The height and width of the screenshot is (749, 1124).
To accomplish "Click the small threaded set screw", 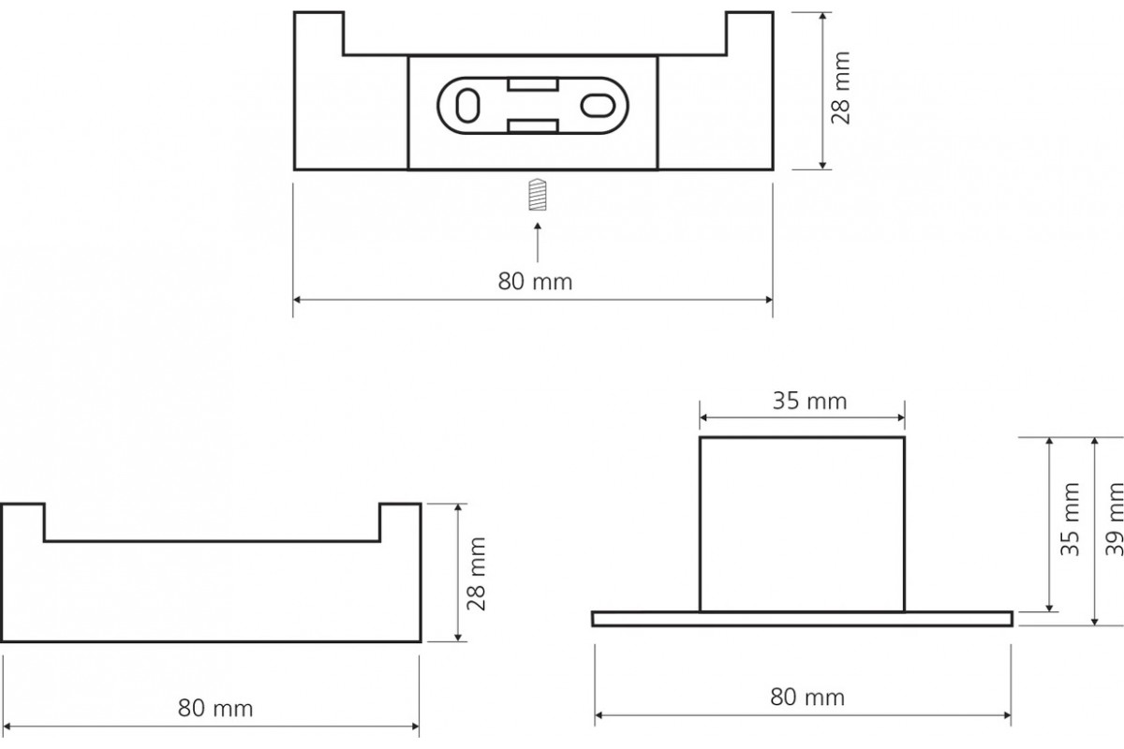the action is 538,194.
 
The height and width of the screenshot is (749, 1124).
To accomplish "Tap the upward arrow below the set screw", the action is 538,242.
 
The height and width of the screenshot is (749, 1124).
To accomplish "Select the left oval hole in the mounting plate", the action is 467,106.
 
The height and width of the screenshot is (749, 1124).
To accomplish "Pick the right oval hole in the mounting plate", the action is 598,106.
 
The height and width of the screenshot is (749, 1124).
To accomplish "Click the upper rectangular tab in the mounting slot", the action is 533,84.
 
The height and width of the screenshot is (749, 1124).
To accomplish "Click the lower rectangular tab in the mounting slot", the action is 533,126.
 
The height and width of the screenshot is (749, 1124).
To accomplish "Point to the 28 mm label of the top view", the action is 840,88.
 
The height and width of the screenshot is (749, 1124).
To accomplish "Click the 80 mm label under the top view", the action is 535,282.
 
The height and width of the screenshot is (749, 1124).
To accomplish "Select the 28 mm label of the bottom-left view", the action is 476,574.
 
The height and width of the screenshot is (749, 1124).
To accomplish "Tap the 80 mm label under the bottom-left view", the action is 215,709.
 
